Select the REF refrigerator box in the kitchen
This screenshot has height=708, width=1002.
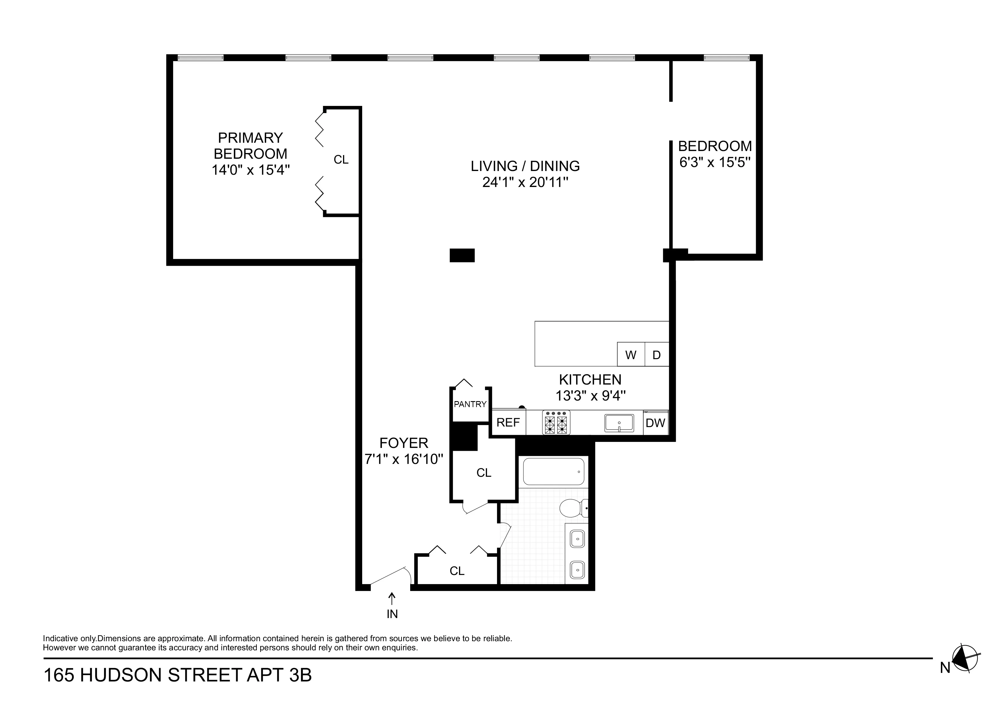(508, 422)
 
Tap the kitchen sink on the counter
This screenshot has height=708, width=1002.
(619, 423)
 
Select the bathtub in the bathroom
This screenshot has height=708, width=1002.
(553, 472)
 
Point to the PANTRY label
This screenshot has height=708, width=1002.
(470, 404)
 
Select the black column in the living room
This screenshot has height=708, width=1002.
(462, 255)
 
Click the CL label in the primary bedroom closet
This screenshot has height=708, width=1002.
(341, 160)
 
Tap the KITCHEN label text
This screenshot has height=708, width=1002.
(590, 379)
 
